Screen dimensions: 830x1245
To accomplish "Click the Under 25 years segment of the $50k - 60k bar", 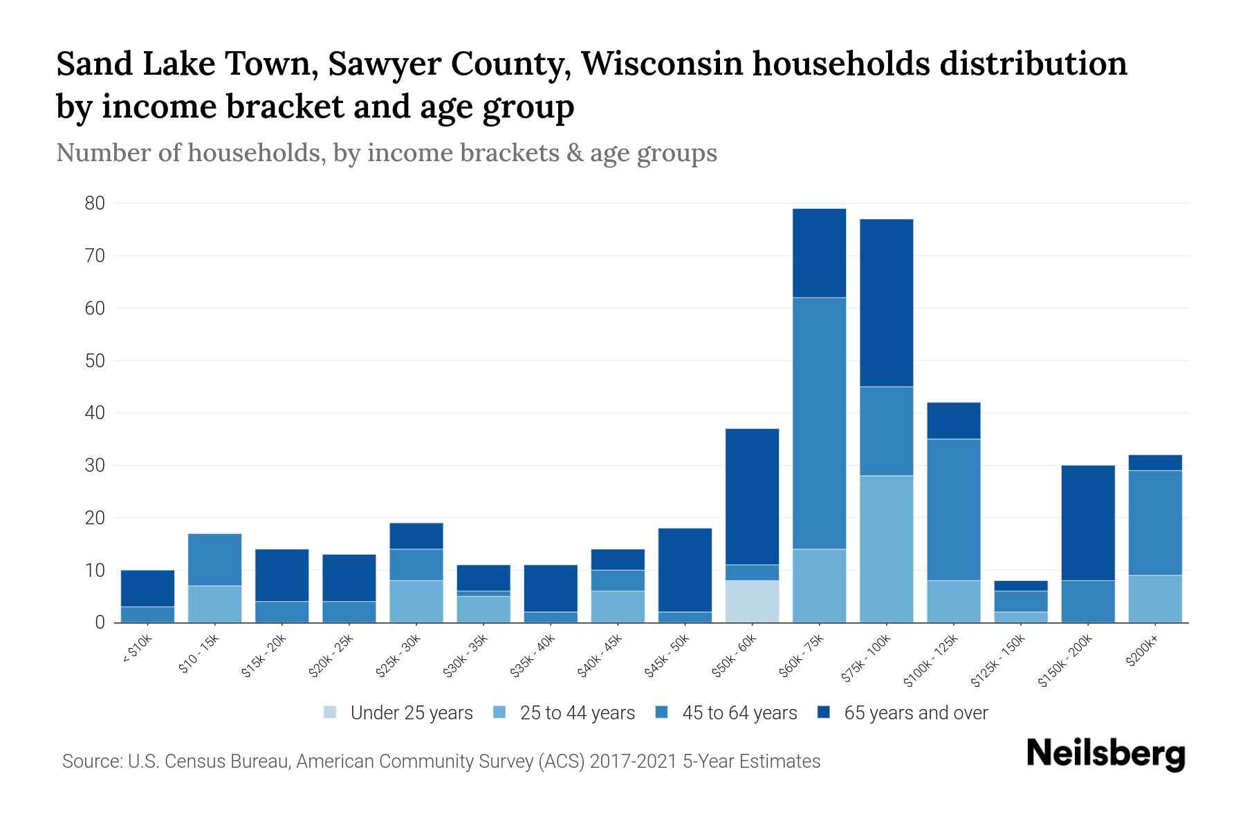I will pos(752,601).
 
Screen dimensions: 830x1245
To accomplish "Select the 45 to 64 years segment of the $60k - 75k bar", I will pos(819,423).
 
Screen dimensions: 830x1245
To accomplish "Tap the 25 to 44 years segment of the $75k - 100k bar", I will pos(886,549).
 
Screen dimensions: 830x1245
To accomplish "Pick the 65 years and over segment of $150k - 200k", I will pos(1088,523).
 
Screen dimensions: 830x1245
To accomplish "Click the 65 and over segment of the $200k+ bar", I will pos(1155,463).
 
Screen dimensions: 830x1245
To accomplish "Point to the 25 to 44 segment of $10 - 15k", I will pos(214,604).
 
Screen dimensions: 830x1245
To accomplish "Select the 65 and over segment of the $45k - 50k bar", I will pos(685,570).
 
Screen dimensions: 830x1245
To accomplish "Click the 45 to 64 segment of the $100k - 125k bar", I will pos(954,510).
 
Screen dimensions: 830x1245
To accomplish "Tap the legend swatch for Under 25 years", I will pos(331,712).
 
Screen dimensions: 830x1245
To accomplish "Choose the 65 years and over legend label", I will pos(916,713).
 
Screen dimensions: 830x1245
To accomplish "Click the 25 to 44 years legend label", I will pos(577,713).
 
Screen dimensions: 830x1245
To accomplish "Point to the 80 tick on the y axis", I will pos(95,203).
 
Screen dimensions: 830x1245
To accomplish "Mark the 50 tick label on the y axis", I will pos(95,360).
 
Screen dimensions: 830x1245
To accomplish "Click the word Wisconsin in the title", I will pos(662,64).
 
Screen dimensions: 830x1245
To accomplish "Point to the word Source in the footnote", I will pos(90,762).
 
